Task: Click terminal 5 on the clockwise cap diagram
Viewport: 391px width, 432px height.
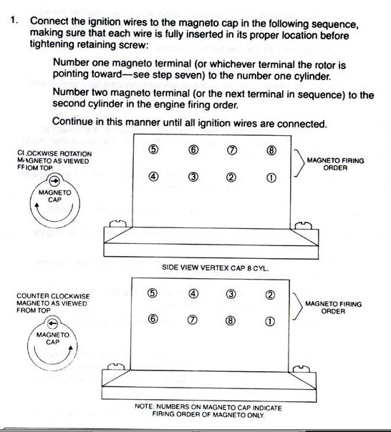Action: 154,149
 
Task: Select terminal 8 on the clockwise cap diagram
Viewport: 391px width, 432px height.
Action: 271,150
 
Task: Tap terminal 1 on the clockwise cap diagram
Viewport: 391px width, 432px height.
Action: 271,178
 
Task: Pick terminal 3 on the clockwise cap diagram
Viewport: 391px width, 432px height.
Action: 193,177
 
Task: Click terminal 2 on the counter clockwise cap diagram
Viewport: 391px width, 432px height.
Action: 270,295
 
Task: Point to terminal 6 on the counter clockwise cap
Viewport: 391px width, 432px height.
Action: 153,319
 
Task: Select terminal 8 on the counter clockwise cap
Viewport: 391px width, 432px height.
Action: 231,320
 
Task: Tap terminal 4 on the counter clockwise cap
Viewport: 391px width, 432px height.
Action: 193,294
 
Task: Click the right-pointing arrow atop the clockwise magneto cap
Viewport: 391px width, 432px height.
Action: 55,181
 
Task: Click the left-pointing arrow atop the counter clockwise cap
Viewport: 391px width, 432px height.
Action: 53,323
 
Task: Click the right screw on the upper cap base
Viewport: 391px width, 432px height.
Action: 304,225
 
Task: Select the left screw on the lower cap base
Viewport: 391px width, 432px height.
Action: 115,367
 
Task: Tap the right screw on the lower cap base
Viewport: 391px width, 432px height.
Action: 301,369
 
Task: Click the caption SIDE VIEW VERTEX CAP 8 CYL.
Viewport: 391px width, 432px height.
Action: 216,267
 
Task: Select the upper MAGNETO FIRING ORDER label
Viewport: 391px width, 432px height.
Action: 335,164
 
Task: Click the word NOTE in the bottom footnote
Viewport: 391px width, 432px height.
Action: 143,406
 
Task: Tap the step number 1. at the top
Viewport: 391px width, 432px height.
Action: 14,20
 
